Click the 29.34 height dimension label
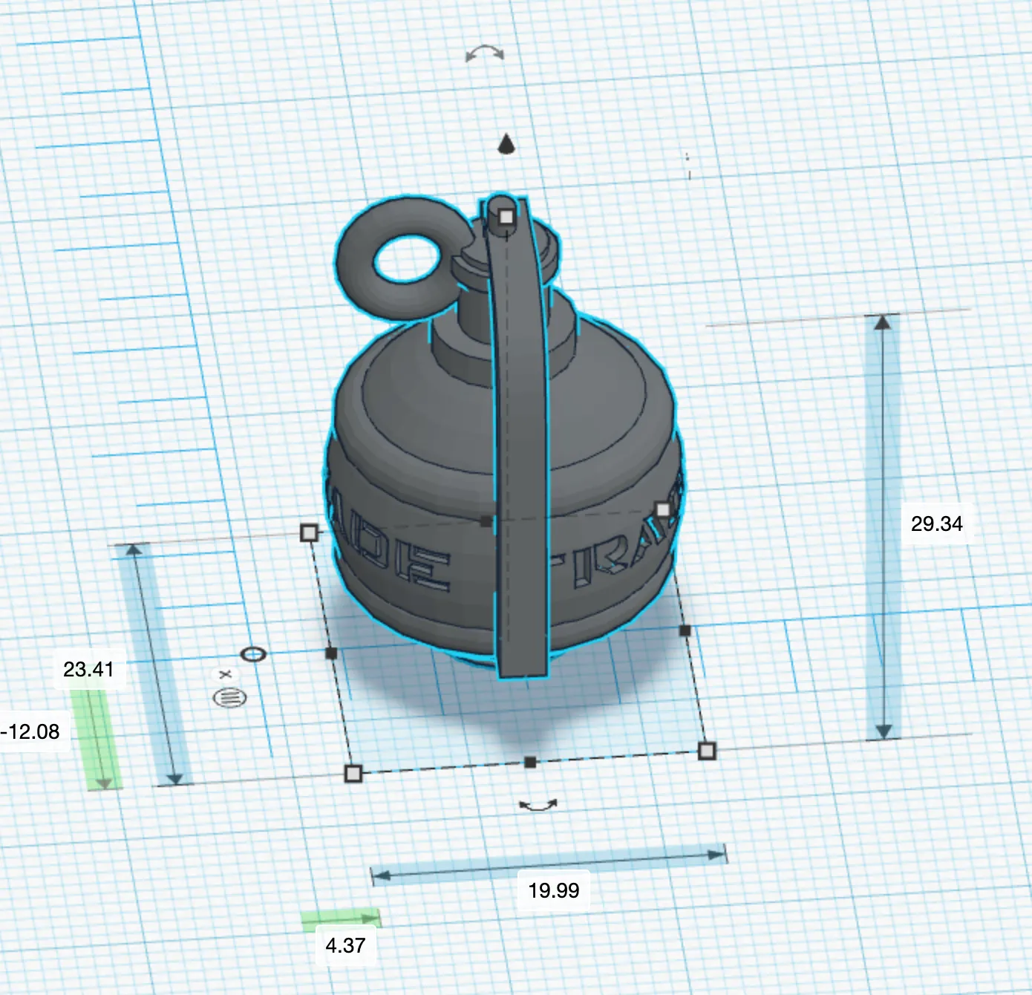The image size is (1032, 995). (x=936, y=523)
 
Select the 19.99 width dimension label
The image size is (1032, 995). (x=553, y=890)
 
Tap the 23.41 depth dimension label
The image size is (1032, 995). (x=88, y=669)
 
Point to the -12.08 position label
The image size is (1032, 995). (x=30, y=731)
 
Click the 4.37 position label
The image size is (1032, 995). (x=345, y=945)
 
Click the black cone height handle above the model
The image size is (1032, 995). (x=506, y=144)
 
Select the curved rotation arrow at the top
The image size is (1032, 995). (x=485, y=53)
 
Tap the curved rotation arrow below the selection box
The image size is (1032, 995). (x=538, y=805)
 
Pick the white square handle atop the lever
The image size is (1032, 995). (x=506, y=217)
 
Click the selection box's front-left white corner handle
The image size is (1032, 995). (x=353, y=774)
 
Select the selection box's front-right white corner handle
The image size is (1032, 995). (x=707, y=751)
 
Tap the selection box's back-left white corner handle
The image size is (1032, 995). (x=310, y=532)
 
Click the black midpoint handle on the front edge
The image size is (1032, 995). (x=530, y=763)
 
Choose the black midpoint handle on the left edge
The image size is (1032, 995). (x=331, y=653)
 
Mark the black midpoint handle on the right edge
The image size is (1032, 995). (x=685, y=630)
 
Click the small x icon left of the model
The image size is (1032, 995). (x=226, y=674)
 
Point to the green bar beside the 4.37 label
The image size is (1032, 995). (x=341, y=919)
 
